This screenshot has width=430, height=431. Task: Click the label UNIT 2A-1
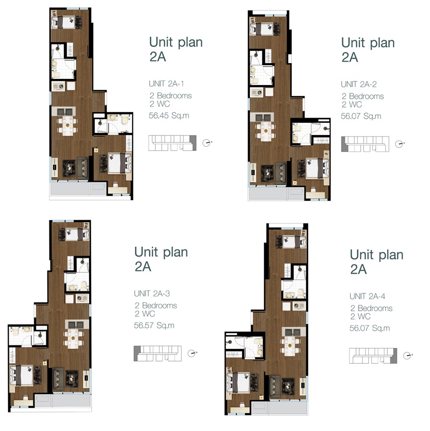pos(166,84)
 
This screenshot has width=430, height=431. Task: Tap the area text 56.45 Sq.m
pos(169,116)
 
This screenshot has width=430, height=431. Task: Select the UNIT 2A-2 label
pos(359,84)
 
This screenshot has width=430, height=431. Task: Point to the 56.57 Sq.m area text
pos(154,326)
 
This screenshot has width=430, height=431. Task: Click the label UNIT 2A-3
pos(152,293)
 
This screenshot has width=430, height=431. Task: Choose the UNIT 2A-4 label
pos(367,297)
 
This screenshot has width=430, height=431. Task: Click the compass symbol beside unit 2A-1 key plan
pos(207,143)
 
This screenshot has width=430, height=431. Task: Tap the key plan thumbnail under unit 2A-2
pos(365,144)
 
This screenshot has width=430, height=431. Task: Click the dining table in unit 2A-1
pos(67,126)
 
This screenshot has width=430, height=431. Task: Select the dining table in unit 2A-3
pos(73,339)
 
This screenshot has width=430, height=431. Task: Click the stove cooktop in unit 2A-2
pos(256,93)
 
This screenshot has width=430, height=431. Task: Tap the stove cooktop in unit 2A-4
pos(299,306)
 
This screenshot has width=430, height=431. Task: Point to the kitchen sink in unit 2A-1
pos(65,112)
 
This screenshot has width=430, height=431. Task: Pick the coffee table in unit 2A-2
pos(267,173)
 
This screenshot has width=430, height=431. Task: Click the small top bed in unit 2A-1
pos(67,22)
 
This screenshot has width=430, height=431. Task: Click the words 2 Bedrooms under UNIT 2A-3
pos(155,305)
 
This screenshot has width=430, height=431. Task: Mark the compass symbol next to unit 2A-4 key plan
pos(408,356)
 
